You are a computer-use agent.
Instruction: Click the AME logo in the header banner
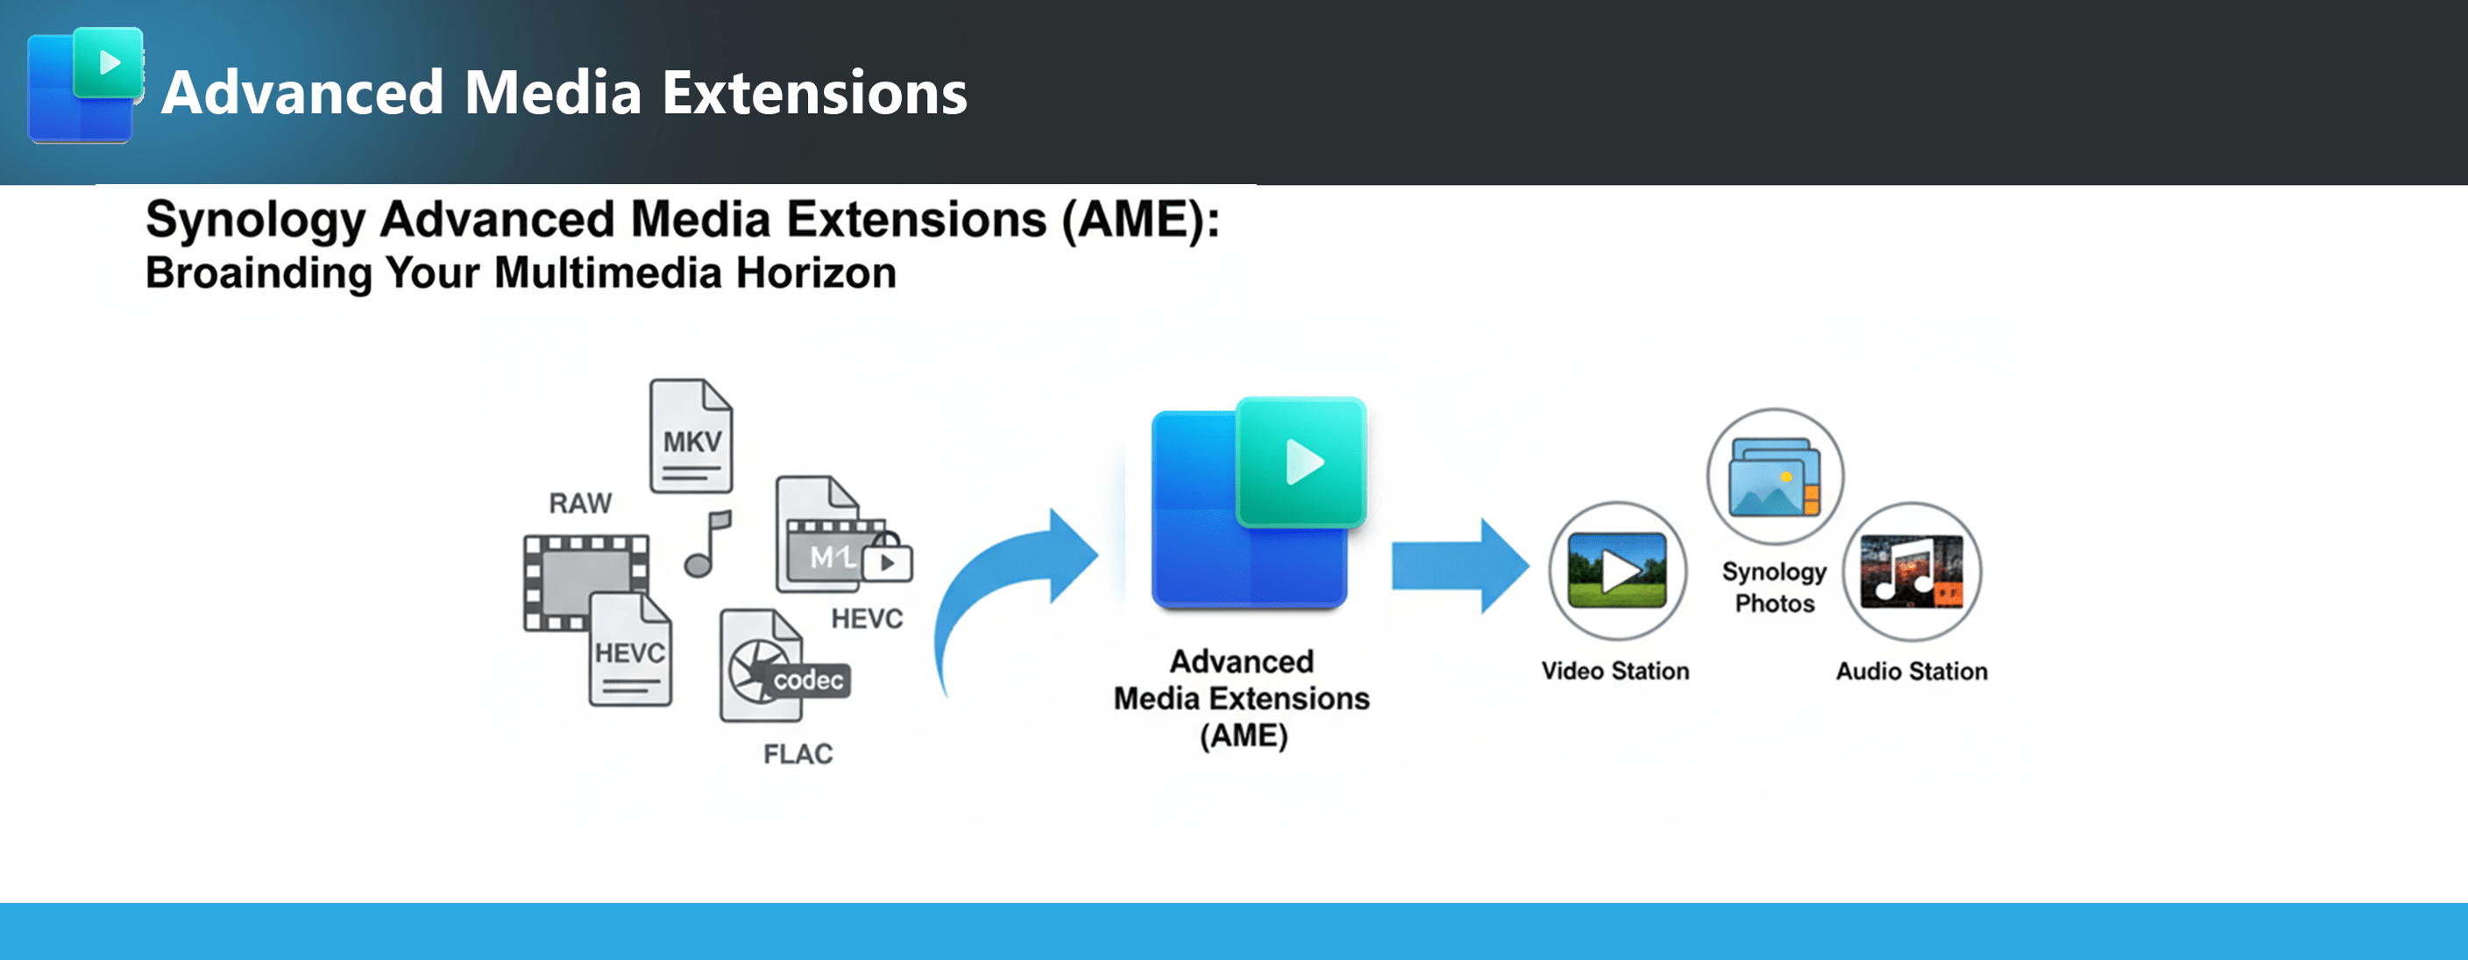pyautogui.click(x=84, y=86)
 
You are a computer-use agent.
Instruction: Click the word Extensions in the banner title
pyautogui.click(x=814, y=93)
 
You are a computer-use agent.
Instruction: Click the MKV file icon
pyautogui.click(x=691, y=436)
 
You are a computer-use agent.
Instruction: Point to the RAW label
pyautogui.click(x=579, y=503)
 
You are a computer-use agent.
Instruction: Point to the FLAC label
pyautogui.click(x=798, y=754)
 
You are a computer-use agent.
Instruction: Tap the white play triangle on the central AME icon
pyautogui.click(x=1303, y=462)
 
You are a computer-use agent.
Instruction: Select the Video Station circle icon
pyautogui.click(x=1617, y=571)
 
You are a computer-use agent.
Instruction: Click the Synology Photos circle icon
pyautogui.click(x=1775, y=476)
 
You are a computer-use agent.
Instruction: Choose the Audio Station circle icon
pyautogui.click(x=1911, y=571)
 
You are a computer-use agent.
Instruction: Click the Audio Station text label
pyautogui.click(x=1911, y=671)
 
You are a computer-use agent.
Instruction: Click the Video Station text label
pyautogui.click(x=1615, y=671)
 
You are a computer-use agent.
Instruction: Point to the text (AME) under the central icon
pyautogui.click(x=1243, y=736)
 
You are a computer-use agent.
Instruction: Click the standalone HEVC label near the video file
pyautogui.click(x=866, y=619)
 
